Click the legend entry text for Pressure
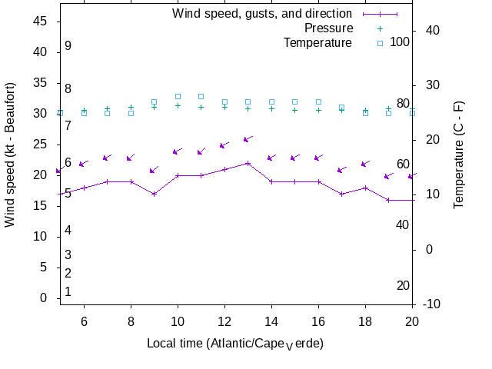(x=328, y=28)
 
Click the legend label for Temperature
(x=317, y=42)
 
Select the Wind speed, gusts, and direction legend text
(x=261, y=13)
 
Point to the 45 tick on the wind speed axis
(x=40, y=21)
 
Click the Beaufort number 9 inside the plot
(x=68, y=46)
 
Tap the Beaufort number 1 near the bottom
(x=68, y=291)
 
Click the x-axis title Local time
(x=234, y=343)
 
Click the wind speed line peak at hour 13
(x=248, y=163)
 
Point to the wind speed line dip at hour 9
(x=155, y=194)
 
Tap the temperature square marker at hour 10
(x=178, y=96)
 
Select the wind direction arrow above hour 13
(x=248, y=139)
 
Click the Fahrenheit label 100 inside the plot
(x=400, y=42)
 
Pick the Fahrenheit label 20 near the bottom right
(x=403, y=285)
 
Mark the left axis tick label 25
(x=40, y=144)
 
